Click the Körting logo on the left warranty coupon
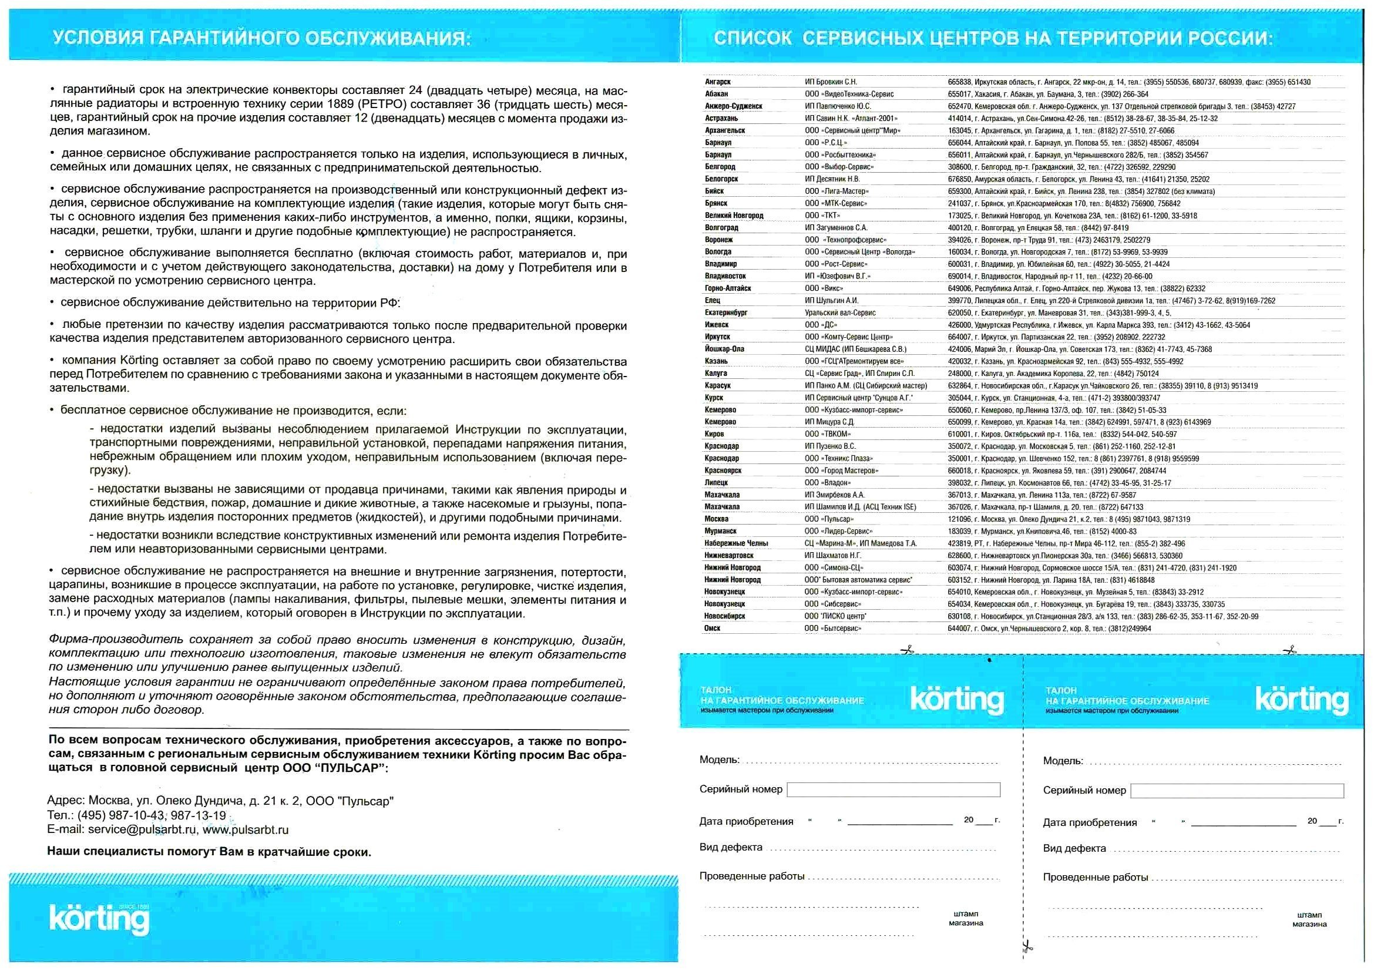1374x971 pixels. [x=957, y=699]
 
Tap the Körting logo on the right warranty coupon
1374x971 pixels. [x=1302, y=699]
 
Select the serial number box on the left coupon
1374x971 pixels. [x=893, y=789]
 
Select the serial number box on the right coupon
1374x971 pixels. [x=1237, y=790]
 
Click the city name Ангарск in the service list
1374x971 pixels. [x=717, y=82]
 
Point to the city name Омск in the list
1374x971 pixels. [x=712, y=628]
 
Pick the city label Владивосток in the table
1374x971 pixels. [x=725, y=277]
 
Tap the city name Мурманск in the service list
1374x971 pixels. [x=721, y=531]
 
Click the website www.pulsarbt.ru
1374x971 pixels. [x=246, y=830]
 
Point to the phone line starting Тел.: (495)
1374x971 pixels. [x=136, y=815]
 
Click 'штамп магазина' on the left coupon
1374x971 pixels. [x=965, y=918]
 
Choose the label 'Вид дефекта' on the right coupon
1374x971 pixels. [x=1074, y=848]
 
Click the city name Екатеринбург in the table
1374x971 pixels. [x=726, y=313]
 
